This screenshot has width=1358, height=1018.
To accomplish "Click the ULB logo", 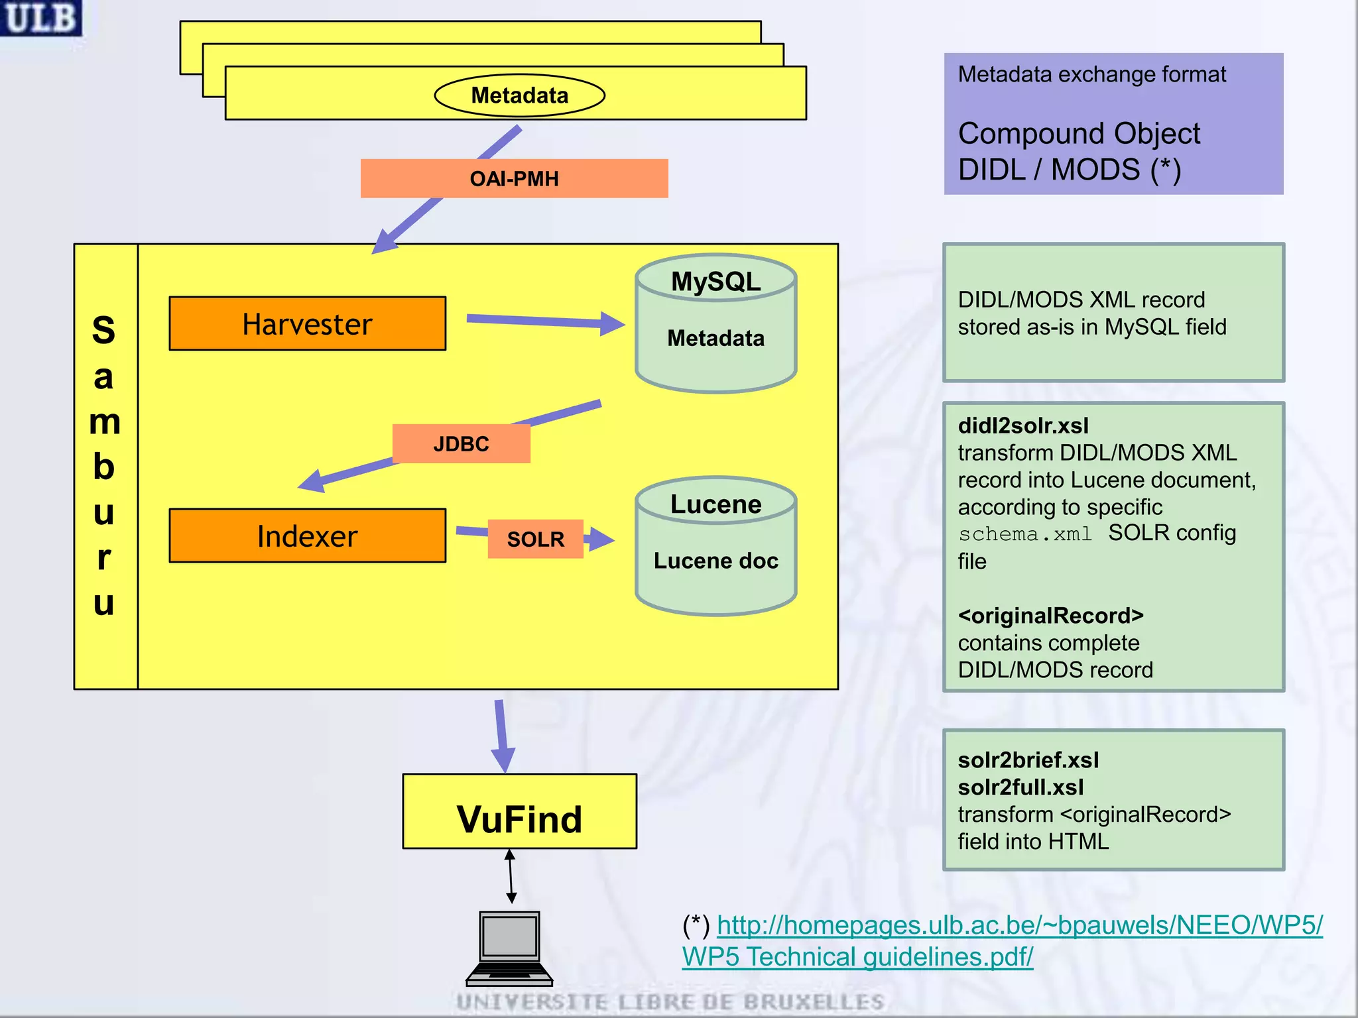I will [40, 17].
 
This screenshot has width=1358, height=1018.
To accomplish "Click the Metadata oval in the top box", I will [519, 95].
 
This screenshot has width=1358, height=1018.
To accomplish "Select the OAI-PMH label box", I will [514, 178].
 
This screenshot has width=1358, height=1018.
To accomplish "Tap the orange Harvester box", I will [307, 323].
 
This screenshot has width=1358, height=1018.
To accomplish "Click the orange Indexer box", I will [307, 536].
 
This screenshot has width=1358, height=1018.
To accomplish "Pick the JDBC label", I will [461, 443].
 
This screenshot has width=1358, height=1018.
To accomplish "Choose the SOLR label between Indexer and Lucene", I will [535, 539].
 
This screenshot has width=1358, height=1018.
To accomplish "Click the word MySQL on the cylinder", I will [715, 282].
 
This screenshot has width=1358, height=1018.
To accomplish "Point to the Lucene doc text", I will [715, 561].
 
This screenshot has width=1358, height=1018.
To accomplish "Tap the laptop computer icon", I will [509, 948].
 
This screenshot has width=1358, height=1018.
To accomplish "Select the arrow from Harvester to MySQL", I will [544, 321].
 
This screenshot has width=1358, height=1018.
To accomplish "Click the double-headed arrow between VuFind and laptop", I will [511, 876].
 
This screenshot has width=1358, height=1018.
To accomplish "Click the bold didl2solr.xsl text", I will [1023, 425].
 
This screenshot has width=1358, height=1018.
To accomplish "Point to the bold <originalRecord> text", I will [1050, 616].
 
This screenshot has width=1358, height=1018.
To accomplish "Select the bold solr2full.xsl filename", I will [1020, 787].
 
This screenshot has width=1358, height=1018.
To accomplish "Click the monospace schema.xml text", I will [1024, 534].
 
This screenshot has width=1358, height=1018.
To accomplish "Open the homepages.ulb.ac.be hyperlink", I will [1019, 926].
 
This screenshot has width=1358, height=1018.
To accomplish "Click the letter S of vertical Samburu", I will [103, 330].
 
